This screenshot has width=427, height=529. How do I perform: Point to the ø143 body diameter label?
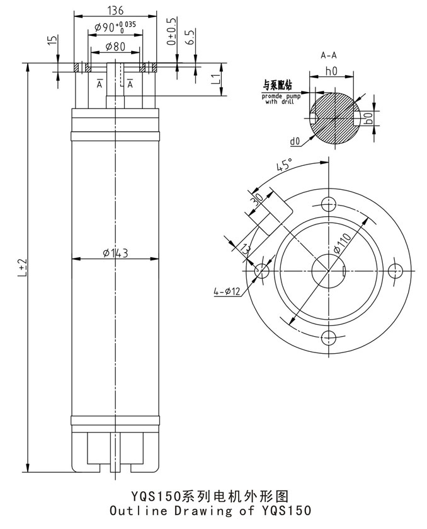click(x=115, y=253)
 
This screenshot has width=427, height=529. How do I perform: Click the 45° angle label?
click(x=284, y=166)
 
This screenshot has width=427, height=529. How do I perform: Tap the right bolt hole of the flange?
click(x=394, y=270)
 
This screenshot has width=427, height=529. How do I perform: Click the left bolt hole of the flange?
click(x=261, y=270)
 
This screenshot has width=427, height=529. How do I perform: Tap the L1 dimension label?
click(x=215, y=79)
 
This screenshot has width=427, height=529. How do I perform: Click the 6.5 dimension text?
click(x=190, y=35)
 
